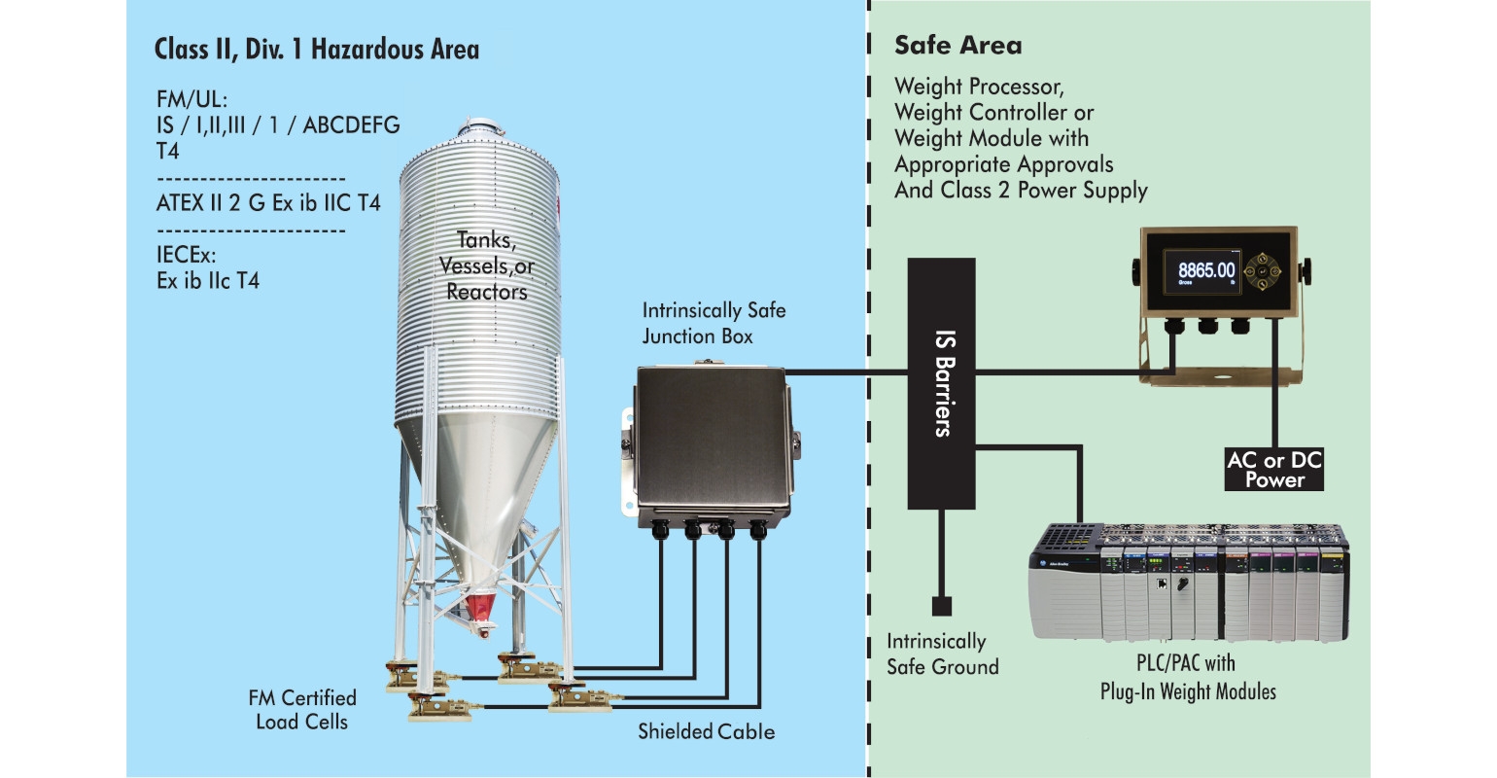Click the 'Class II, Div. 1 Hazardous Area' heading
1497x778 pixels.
click(x=316, y=50)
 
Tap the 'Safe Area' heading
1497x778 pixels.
click(x=957, y=46)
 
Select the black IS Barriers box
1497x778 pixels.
click(x=941, y=383)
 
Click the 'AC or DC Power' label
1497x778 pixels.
click(x=1273, y=469)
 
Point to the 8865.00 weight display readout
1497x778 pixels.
click(x=1206, y=270)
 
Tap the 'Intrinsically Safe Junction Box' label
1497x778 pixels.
click(x=714, y=324)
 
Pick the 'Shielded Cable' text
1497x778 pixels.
click(x=706, y=731)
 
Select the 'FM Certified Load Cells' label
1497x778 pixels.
click(x=302, y=710)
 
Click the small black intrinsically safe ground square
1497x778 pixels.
click(x=941, y=607)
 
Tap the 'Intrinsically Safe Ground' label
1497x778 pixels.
click(x=942, y=654)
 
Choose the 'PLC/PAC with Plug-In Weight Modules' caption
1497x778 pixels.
click(x=1187, y=678)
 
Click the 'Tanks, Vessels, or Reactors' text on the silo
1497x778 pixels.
click(x=486, y=265)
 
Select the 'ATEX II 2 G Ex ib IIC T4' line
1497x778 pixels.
click(x=268, y=203)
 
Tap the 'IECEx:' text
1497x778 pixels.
click(x=186, y=255)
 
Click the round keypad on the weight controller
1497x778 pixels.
click(x=1264, y=270)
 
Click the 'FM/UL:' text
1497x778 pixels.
click(x=191, y=99)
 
